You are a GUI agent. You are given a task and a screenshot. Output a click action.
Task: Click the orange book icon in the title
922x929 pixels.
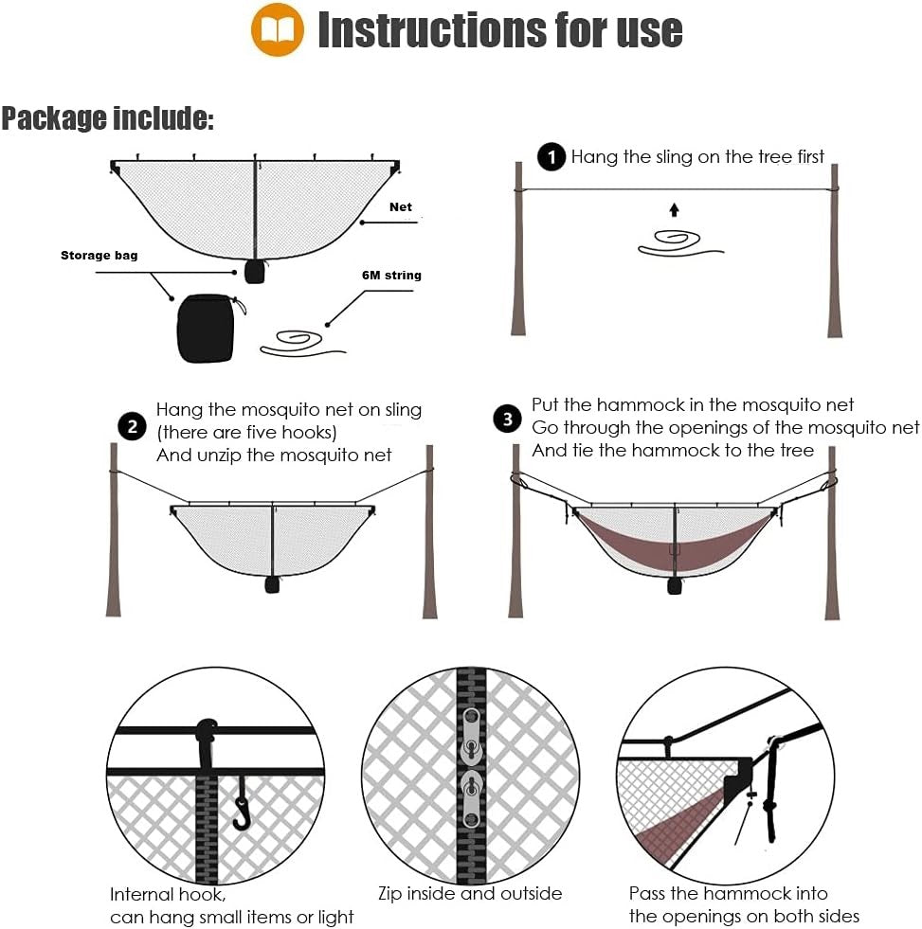(x=278, y=29)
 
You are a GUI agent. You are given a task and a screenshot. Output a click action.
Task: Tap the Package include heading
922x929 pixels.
(x=107, y=118)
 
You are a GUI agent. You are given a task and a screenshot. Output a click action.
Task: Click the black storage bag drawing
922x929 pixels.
(x=206, y=328)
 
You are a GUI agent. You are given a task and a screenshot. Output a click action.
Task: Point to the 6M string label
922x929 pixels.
(x=391, y=275)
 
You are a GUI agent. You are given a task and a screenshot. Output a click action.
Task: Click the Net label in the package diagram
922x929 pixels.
(x=401, y=206)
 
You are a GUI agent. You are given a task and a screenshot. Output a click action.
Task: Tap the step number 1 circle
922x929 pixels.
(x=551, y=156)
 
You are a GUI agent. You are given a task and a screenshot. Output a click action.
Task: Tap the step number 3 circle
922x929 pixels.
(x=509, y=418)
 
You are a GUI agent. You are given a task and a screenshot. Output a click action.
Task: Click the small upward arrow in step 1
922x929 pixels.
(x=674, y=209)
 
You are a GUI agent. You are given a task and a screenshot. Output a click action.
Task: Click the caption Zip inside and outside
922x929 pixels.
(x=470, y=893)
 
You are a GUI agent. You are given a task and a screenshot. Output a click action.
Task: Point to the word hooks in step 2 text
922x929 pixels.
(x=308, y=432)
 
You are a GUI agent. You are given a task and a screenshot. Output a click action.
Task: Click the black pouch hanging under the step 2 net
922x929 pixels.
(x=273, y=584)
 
